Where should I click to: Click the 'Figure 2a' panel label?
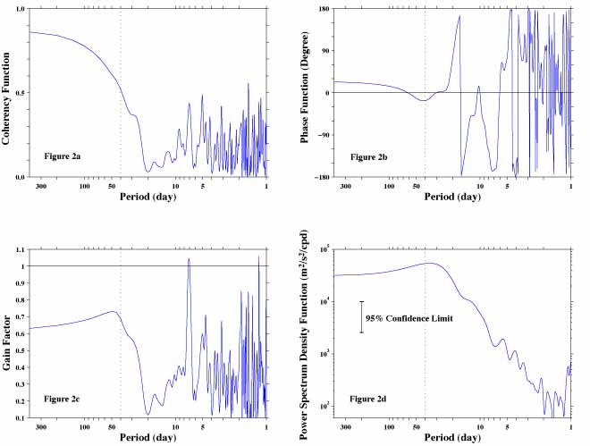(x=63, y=156)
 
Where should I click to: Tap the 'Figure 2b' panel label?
(x=369, y=156)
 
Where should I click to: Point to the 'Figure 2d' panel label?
(x=369, y=396)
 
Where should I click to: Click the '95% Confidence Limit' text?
(x=404, y=317)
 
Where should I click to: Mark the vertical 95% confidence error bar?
(x=362, y=316)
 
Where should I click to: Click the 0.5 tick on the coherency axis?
(x=19, y=93)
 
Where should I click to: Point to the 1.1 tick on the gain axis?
(x=20, y=248)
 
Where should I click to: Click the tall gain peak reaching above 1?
(x=189, y=259)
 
